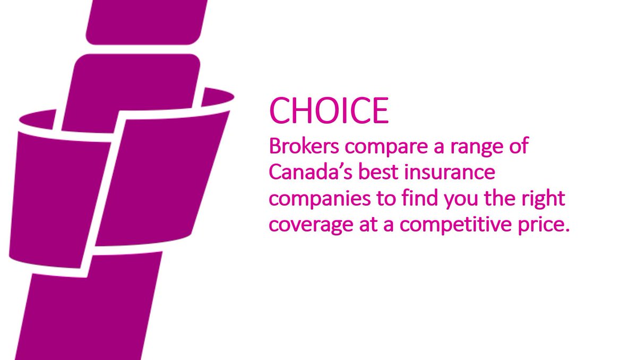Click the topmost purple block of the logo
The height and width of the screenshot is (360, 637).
[x=146, y=21]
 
